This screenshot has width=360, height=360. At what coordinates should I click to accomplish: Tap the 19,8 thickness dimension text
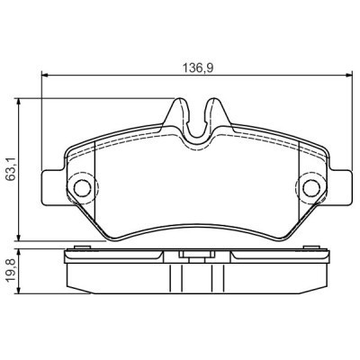10,267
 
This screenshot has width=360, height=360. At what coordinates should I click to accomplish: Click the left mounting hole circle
82,188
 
